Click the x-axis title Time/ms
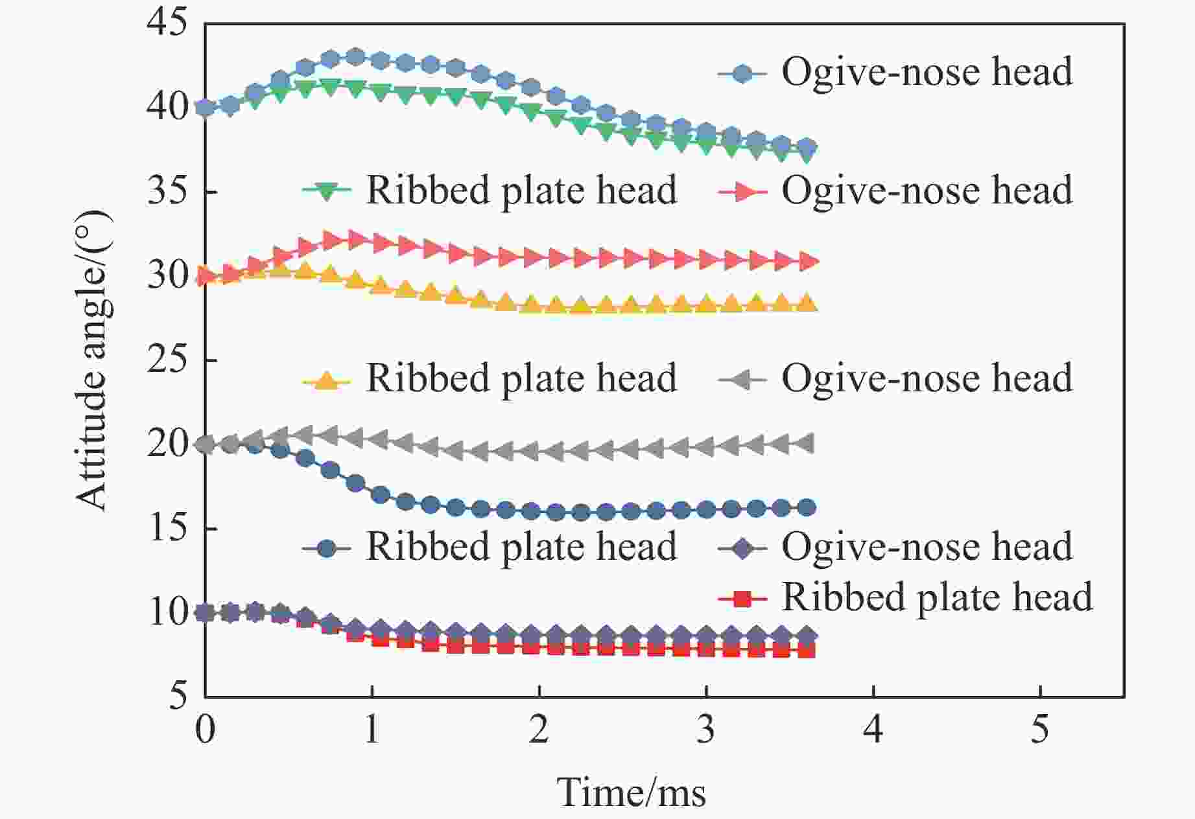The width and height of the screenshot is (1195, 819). [x=631, y=792]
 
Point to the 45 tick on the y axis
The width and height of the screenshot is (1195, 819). [x=167, y=24]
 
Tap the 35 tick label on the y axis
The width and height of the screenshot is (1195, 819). [x=167, y=192]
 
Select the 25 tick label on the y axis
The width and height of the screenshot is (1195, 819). [x=167, y=360]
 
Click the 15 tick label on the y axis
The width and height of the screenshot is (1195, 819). [x=167, y=528]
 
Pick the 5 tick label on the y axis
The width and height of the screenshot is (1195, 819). [x=178, y=697]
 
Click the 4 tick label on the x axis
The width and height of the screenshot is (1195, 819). [x=873, y=730]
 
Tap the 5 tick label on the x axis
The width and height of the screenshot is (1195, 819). [x=1039, y=730]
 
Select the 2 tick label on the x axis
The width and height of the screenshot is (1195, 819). [x=539, y=730]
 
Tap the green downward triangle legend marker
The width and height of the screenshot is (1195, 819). [x=327, y=191]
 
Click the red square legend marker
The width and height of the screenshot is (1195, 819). [x=743, y=599]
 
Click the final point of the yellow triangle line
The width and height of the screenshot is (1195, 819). [x=807, y=303]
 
